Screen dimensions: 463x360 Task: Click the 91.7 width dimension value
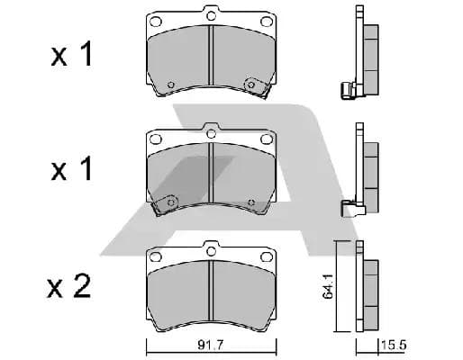tap(211, 345)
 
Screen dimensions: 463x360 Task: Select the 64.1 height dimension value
tap(328, 286)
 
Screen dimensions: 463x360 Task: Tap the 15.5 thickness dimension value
tap(394, 345)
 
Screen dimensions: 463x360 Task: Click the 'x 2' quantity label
tap(68, 285)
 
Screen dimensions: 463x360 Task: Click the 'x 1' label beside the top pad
tap(71, 54)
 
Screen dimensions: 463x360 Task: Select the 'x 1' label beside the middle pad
tap(71, 168)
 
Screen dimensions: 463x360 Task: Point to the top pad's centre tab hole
tap(212, 15)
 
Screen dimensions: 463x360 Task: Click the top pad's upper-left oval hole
tap(156, 22)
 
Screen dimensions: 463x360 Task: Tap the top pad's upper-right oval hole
tap(266, 22)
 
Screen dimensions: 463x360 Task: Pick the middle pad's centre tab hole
tap(212, 133)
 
